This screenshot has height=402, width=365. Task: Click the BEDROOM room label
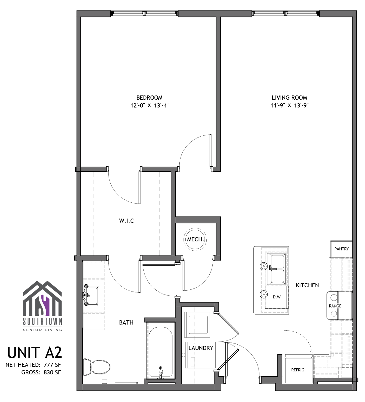click(149, 98)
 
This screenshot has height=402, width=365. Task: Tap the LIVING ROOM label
click(289, 98)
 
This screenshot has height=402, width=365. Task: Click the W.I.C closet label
click(126, 221)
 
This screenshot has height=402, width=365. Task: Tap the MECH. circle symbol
click(195, 239)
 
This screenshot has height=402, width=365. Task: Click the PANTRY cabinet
click(341, 249)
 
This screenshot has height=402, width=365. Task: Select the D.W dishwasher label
click(277, 297)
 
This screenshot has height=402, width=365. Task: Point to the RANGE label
click(335, 306)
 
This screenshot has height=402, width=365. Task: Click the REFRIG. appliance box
click(298, 370)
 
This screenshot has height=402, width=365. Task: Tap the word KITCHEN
click(307, 285)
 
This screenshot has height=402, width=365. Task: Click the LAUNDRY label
click(201, 348)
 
